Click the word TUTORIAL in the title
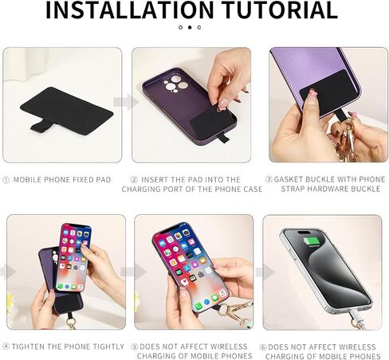pos(281,10)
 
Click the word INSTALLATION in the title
pos(130,10)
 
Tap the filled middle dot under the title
pos(190,27)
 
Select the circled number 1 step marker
pos(6,180)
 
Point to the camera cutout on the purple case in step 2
pos(175,84)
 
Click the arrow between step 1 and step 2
pos(126,102)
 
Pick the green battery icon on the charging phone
pos(312,241)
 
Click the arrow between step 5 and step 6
pos(265,272)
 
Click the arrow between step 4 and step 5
pos(133,272)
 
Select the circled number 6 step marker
pos(263,347)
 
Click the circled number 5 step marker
pos(135,347)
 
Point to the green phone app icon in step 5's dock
pos(198,307)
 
